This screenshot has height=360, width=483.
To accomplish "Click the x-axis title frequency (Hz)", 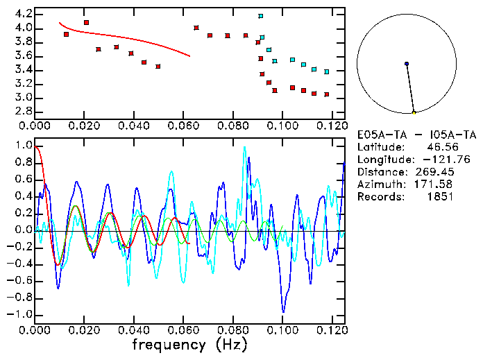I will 189,345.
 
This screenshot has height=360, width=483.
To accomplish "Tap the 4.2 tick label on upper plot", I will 23,14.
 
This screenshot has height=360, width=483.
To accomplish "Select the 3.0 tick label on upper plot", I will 23,98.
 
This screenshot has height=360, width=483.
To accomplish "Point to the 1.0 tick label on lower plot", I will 23,146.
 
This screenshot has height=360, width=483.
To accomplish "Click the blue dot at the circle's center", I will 407,64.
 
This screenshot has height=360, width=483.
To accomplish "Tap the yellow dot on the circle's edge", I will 414,112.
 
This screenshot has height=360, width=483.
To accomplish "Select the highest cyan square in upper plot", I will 261,16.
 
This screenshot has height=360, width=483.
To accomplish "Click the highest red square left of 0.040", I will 86,23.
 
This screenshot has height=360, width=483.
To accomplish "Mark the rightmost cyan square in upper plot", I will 326,71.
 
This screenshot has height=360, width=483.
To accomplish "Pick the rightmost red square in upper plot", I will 326,94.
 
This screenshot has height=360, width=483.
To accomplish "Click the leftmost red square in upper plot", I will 67,34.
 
